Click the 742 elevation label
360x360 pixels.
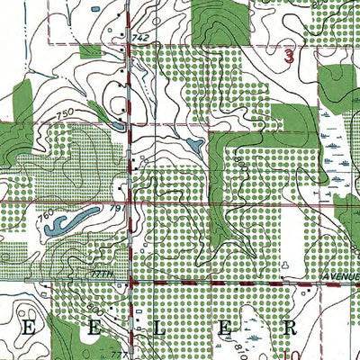pos(139,37)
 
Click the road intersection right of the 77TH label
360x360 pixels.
pos(131,283)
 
